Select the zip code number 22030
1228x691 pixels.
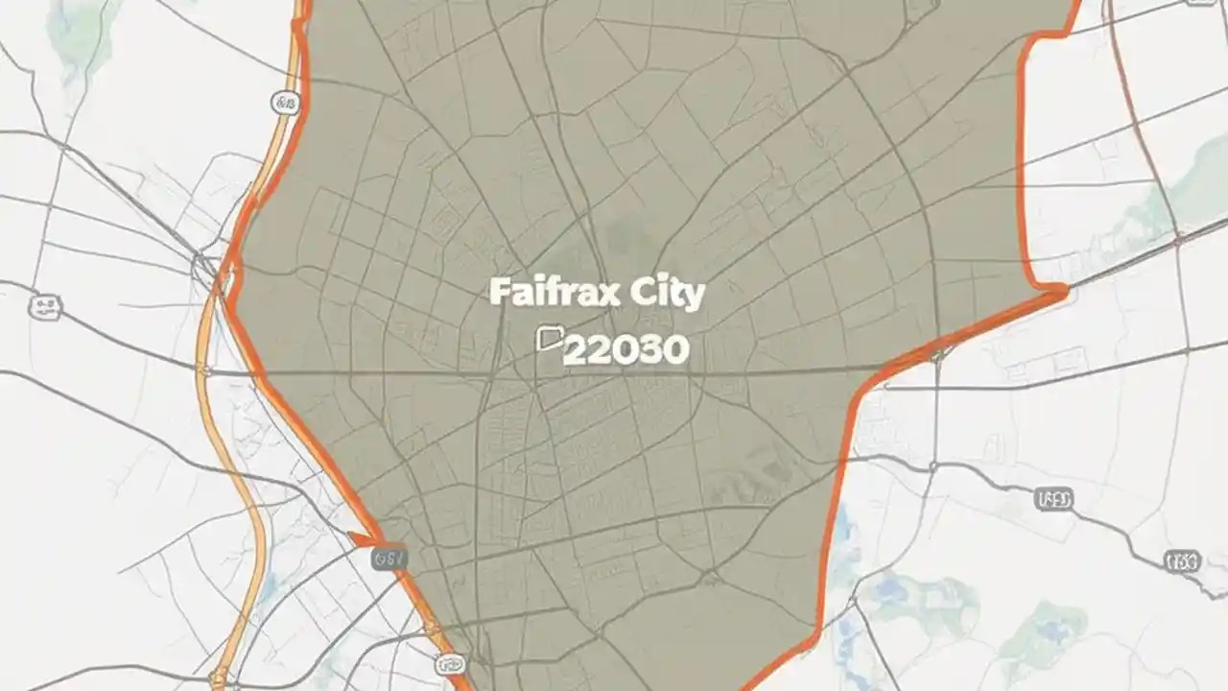coord(626,349)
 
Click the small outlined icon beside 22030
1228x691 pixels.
coord(550,338)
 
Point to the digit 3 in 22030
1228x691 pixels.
coord(649,349)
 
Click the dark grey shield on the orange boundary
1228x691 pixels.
coord(390,557)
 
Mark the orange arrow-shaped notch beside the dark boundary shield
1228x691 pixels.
coord(363,540)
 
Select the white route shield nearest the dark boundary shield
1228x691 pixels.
coord(450,663)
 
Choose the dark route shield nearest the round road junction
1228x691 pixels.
coord(1054,499)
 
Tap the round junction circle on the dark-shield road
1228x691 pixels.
coord(933,466)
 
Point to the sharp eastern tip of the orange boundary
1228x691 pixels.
coord(1063,289)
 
